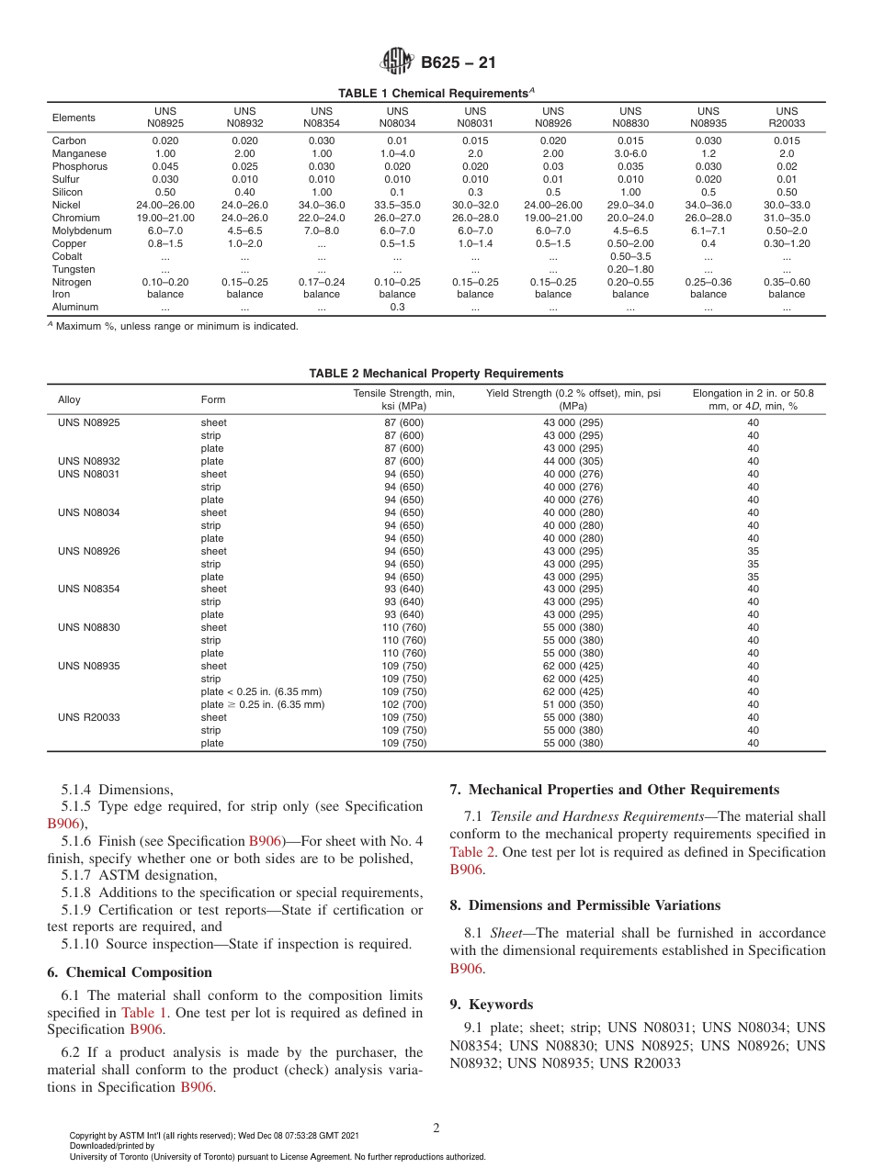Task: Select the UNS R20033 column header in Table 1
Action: [x=786, y=118]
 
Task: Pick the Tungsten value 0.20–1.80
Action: [x=630, y=269]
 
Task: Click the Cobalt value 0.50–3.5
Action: [x=630, y=256]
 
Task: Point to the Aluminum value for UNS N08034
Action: [x=397, y=308]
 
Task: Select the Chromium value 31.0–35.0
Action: [x=786, y=218]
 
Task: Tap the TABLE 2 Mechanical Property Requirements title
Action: [x=436, y=374]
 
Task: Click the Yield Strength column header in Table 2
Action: [x=573, y=399]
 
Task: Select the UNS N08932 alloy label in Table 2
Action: [x=88, y=461]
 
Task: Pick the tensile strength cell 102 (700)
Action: [x=403, y=704]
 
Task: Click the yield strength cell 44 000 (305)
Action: [x=573, y=461]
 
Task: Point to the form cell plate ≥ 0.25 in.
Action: [x=262, y=704]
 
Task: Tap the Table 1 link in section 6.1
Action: [x=141, y=1013]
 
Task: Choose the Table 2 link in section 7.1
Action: [x=472, y=852]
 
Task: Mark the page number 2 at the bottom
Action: [x=436, y=1129]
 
